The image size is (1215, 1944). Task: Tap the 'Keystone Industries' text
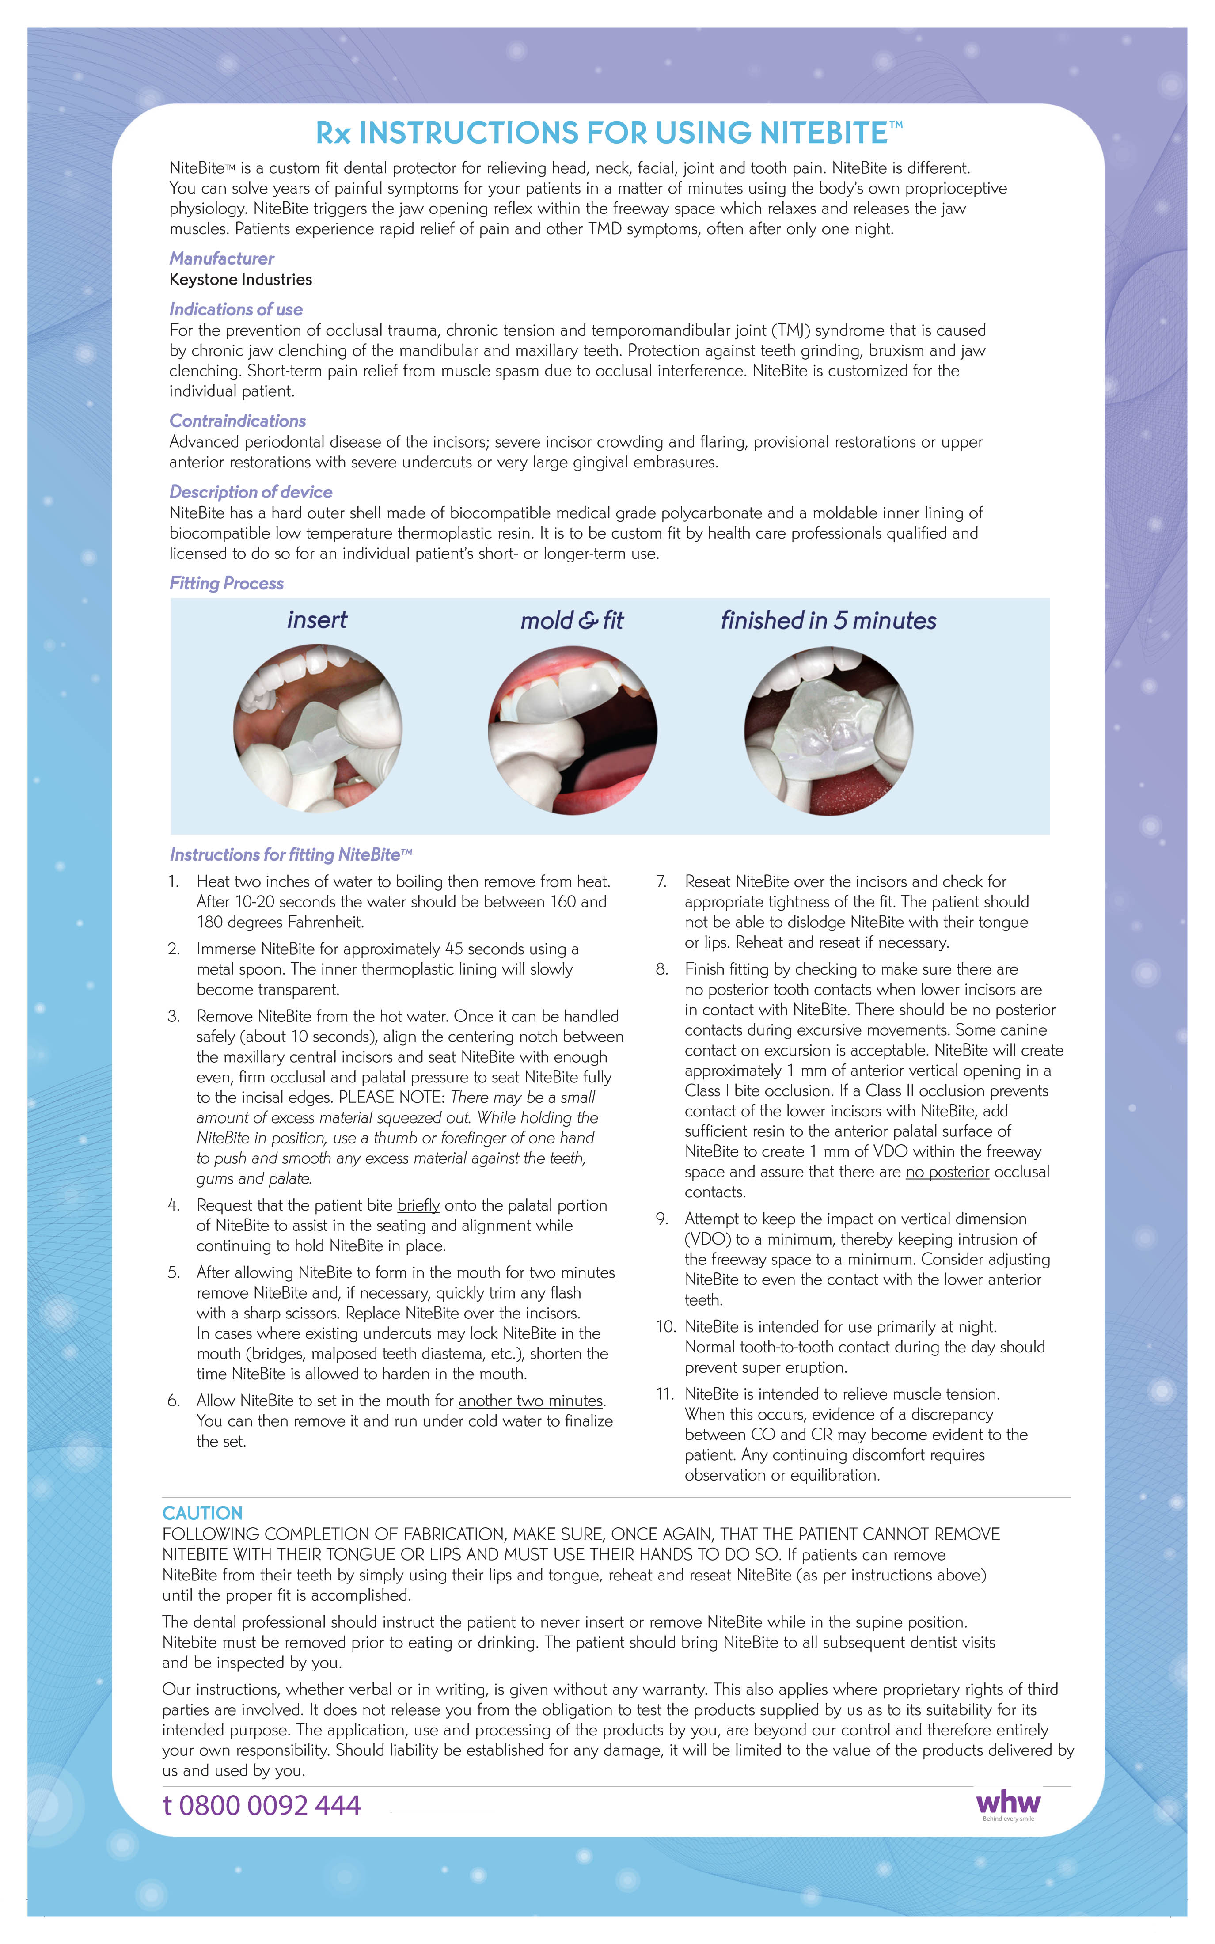tap(240, 280)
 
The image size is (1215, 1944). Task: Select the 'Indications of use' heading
tap(235, 309)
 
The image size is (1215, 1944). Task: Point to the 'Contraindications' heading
tap(237, 421)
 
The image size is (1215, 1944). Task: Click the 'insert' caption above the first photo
tap(317, 620)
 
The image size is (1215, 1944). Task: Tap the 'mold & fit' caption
tap(571, 620)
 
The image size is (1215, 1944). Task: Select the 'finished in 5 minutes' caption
tap(828, 620)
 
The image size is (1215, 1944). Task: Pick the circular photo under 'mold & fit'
tap(572, 729)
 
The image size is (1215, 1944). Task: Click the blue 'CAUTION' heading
tap(202, 1513)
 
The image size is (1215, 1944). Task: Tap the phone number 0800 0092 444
tap(262, 1806)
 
